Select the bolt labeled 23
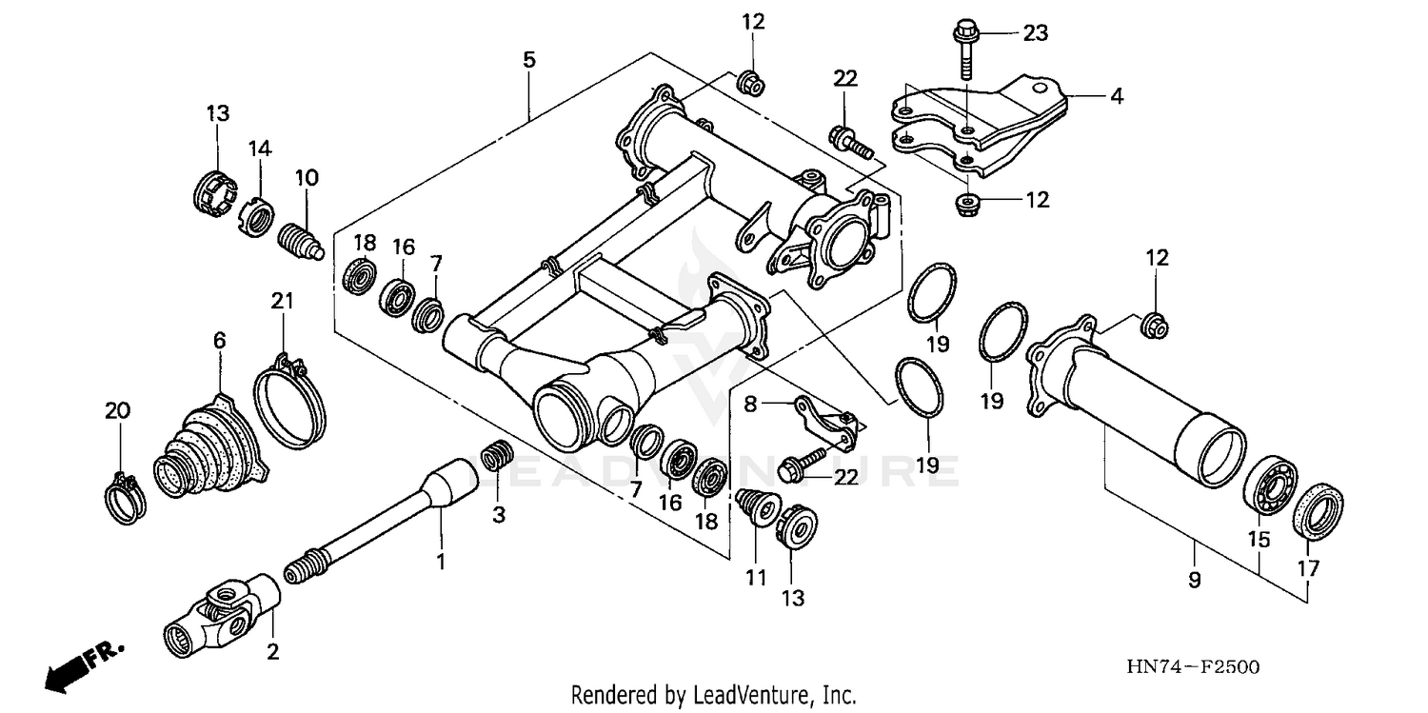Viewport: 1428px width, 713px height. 965,48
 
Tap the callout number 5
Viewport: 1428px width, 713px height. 528,60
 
